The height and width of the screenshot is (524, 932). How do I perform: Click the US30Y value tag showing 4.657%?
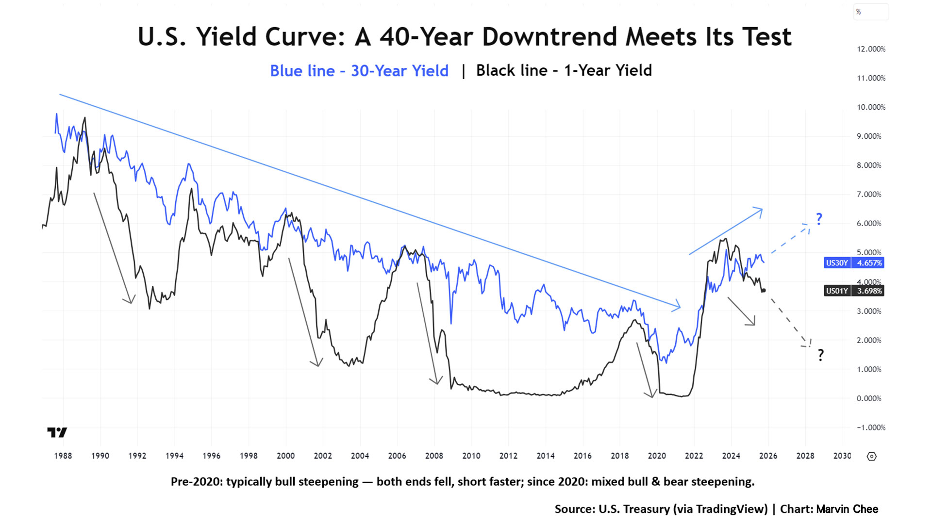(853, 263)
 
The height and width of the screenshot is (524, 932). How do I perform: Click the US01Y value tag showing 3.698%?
(853, 291)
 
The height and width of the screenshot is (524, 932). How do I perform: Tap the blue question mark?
(819, 219)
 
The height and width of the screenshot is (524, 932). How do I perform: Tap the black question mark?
(820, 355)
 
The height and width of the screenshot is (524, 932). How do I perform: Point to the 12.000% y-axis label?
(871, 49)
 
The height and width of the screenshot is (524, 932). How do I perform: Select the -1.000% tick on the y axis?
(871, 427)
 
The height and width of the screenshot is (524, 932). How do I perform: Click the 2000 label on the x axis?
(285, 456)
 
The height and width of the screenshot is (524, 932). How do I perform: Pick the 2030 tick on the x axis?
(842, 456)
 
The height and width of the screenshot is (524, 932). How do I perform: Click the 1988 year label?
(63, 456)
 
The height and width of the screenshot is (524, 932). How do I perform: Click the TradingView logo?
(57, 432)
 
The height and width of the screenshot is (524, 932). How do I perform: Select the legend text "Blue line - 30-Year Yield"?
(359, 71)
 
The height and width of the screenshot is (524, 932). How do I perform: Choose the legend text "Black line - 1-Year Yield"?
(564, 71)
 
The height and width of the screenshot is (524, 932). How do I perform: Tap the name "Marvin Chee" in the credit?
(847, 509)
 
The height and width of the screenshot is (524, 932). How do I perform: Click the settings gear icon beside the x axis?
(871, 457)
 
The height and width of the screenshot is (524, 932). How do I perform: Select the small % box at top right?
(871, 12)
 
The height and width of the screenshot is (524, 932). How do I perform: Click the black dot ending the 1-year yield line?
(764, 291)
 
